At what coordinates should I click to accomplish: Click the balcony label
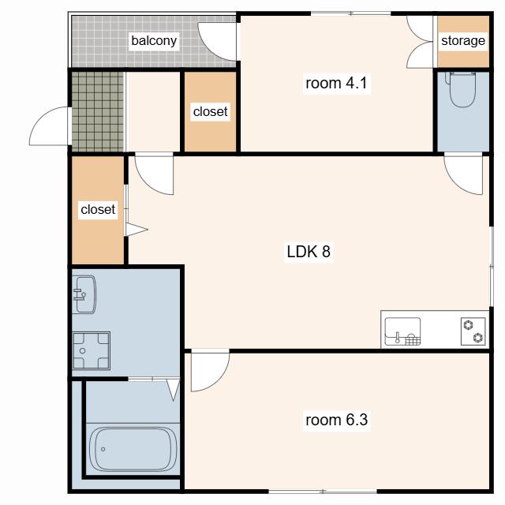[154, 41]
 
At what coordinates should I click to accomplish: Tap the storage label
[463, 41]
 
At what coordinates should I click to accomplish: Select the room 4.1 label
[336, 84]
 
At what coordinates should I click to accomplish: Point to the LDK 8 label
[309, 252]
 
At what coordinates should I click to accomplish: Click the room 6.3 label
[337, 420]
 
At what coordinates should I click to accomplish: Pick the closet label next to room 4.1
[211, 112]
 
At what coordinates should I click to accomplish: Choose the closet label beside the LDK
[98, 210]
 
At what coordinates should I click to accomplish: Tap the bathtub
[133, 449]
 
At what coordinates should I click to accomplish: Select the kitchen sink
[402, 331]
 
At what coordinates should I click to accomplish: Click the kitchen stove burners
[473, 331]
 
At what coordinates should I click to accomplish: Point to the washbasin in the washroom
[84, 294]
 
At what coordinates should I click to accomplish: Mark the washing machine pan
[92, 350]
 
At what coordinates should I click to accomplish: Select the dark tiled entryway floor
[98, 111]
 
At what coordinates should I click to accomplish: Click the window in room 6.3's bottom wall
[323, 492]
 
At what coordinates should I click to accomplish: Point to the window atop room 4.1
[350, 13]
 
